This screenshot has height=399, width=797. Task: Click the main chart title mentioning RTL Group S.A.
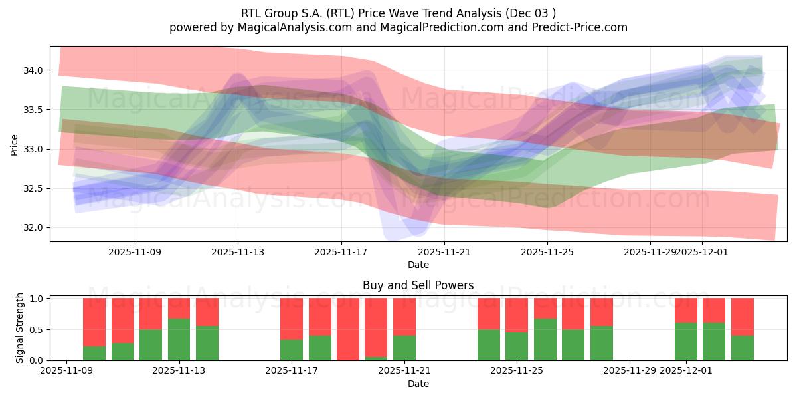click(x=398, y=13)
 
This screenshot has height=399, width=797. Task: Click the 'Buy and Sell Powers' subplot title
click(x=418, y=285)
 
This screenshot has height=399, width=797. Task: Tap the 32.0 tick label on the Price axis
click(x=34, y=228)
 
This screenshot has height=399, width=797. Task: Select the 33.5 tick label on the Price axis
click(x=34, y=110)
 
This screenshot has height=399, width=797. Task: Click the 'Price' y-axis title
click(x=15, y=144)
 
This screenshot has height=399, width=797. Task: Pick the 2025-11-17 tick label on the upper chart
click(x=341, y=252)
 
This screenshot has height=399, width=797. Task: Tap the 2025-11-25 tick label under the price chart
click(x=547, y=252)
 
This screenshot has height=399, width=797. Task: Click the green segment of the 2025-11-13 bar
click(x=179, y=339)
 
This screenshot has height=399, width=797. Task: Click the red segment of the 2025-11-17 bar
click(x=292, y=319)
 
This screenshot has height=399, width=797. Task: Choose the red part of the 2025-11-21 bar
click(x=404, y=317)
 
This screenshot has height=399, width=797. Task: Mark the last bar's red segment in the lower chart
click(x=743, y=317)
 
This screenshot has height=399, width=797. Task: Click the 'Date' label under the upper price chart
click(x=418, y=265)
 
